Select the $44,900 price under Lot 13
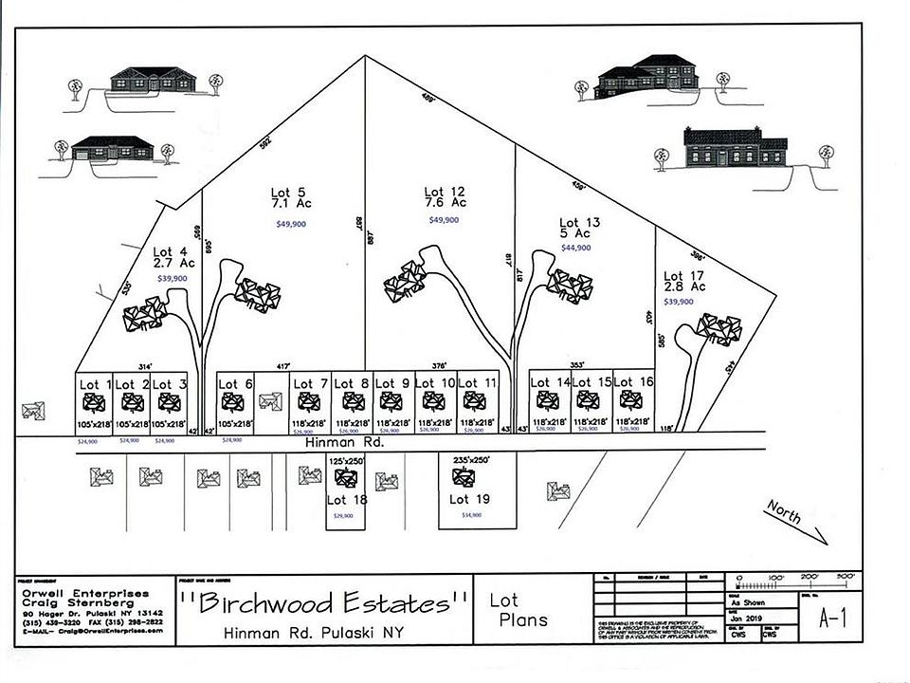pos(576,248)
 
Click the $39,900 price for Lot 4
pos(172,279)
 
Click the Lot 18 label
pos(348,499)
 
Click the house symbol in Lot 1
pos(95,402)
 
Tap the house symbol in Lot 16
pos(628,401)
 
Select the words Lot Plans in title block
pos(518,610)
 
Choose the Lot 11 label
pos(478,383)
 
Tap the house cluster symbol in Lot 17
pos(719,329)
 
